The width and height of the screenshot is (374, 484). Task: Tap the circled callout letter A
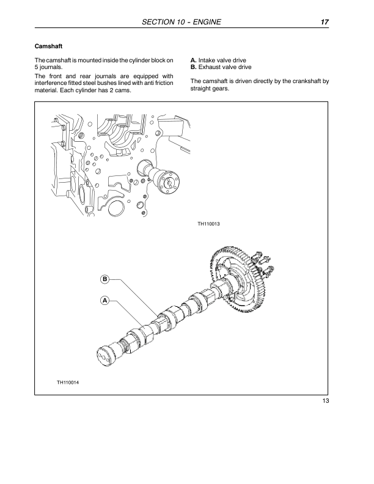105,300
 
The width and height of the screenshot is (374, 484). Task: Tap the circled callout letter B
105,279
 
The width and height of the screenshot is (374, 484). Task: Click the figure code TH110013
208,224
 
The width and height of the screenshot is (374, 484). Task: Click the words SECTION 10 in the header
161,23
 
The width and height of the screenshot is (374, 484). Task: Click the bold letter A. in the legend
194,60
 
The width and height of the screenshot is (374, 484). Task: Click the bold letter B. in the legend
194,67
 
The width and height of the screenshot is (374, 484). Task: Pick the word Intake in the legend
208,60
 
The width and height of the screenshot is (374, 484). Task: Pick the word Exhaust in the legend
211,67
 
